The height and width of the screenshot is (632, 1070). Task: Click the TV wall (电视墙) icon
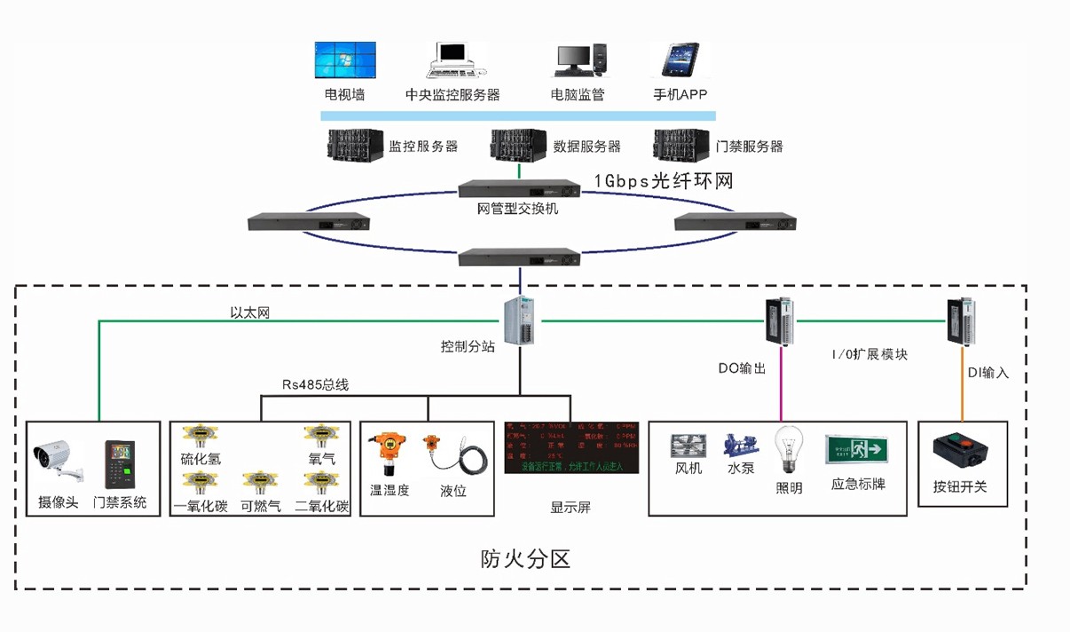(x=344, y=60)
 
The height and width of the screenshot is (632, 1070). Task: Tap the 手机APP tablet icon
(x=679, y=60)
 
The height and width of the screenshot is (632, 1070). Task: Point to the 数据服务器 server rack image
(x=518, y=145)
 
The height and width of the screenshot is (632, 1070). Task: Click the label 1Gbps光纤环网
(x=664, y=181)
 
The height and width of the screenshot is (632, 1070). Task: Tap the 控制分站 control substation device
(x=520, y=320)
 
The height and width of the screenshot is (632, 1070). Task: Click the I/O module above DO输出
(x=781, y=320)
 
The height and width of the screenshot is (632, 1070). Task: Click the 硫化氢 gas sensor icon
(x=200, y=435)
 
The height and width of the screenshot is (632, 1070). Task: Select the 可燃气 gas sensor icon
(x=260, y=483)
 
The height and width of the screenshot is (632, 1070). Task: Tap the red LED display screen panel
(x=572, y=446)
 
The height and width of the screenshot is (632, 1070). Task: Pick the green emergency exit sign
(x=856, y=449)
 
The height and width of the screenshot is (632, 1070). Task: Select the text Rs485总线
(x=315, y=384)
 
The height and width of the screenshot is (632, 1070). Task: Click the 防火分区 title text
(x=523, y=559)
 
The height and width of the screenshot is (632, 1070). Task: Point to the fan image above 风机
(x=688, y=446)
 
